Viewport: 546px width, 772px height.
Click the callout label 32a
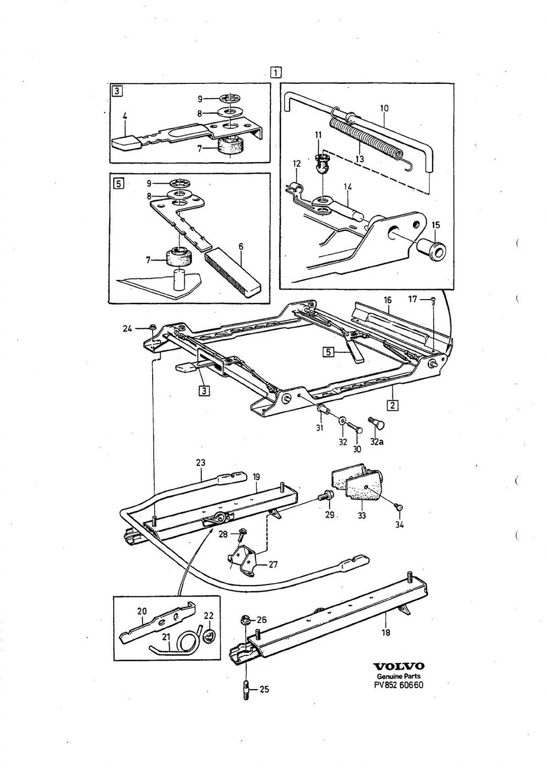[x=377, y=442]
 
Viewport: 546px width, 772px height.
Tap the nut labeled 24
[x=152, y=326]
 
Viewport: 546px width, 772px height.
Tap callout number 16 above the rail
[x=387, y=300]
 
